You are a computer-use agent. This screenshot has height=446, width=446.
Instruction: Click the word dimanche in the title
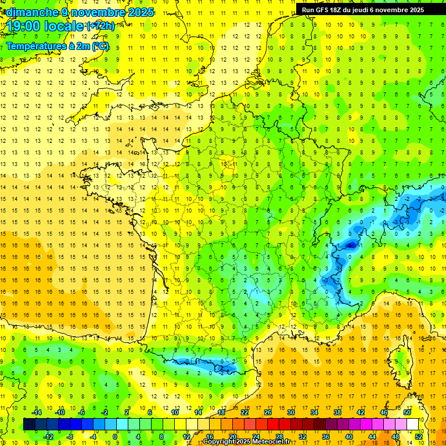tap(31, 12)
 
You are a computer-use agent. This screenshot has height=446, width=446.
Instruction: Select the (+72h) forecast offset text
tap(100, 26)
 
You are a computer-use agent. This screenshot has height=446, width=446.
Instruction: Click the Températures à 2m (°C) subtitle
tap(57, 46)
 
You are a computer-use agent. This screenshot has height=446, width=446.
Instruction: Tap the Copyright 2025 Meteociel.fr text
tap(246, 441)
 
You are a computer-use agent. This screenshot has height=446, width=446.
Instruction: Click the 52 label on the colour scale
tap(419, 436)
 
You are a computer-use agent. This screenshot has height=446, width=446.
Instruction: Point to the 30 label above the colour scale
tap(291, 412)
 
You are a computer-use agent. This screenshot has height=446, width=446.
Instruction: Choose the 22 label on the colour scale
tap(244, 412)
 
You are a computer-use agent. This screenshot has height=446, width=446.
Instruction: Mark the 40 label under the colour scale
tap(349, 436)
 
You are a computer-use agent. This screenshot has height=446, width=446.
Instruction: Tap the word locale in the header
tap(64, 26)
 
